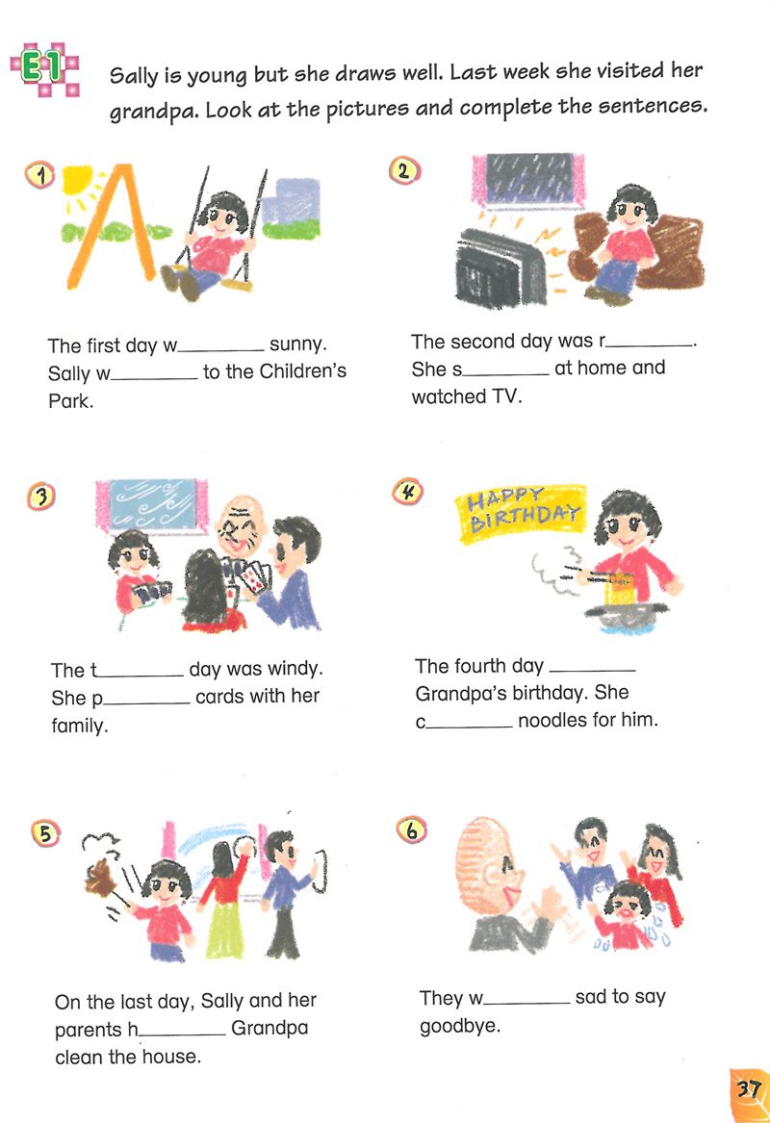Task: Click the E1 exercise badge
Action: [x=44, y=68]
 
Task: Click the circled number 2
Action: [x=404, y=170]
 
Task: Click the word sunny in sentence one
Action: [x=298, y=345]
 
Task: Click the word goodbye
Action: [x=460, y=1027]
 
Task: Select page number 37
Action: [x=749, y=1089]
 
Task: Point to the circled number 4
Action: [x=408, y=492]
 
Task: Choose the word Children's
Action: [x=302, y=371]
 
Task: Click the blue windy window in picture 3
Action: [x=153, y=505]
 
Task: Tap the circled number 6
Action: [x=411, y=830]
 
